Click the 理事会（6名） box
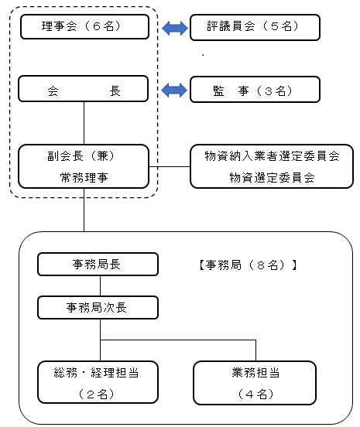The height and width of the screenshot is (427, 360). (84, 26)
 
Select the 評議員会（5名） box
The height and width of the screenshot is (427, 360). (255, 27)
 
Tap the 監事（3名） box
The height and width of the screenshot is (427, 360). (255, 90)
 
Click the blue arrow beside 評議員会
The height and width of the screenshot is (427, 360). (175, 28)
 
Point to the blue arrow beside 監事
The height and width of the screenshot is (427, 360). (174, 90)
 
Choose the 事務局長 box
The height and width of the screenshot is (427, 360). (98, 264)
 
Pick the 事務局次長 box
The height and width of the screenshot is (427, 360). (98, 307)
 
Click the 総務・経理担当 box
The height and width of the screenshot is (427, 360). (98, 382)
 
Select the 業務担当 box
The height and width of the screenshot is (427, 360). (255, 383)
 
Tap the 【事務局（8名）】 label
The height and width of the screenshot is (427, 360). (248, 265)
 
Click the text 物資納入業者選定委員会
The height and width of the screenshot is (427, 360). (272, 156)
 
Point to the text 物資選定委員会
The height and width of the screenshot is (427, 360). (272, 178)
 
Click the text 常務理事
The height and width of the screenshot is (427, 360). (84, 178)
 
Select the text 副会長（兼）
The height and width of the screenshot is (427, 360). (81, 156)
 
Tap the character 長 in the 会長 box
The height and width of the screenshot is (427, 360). (115, 91)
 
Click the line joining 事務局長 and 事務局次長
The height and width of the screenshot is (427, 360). (101, 285)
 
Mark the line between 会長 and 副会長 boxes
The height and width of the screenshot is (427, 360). (84, 123)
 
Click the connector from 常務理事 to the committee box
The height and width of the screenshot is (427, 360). (170, 166)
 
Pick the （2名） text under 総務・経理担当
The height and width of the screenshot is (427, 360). (96, 394)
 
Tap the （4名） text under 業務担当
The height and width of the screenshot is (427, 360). (255, 394)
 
